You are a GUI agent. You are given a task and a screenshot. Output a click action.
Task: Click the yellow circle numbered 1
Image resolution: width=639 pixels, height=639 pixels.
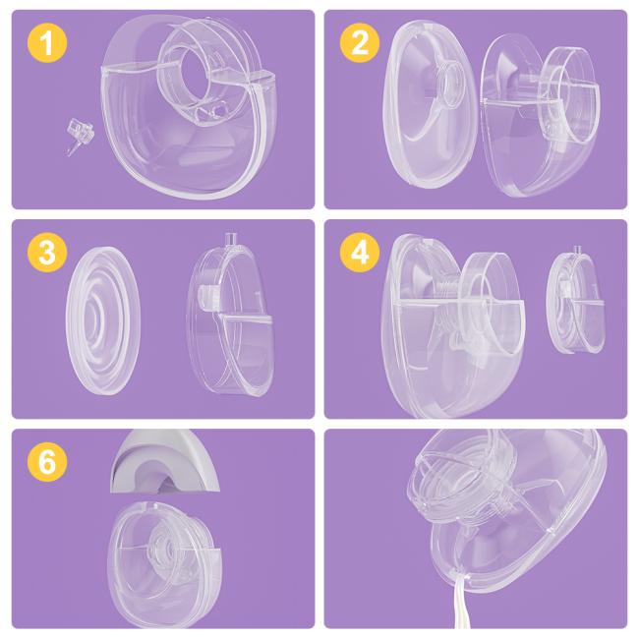47,43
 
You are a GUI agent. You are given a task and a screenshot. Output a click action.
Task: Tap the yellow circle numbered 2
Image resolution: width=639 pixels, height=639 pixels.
360,43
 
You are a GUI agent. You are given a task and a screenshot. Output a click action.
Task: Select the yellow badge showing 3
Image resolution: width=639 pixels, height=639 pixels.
47,253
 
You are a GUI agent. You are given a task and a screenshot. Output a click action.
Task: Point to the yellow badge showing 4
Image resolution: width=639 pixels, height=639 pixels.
360,253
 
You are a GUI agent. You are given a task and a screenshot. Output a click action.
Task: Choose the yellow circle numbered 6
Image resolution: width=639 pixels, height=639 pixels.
47,462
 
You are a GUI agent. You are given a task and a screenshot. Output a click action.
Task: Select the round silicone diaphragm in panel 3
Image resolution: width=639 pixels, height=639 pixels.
103,320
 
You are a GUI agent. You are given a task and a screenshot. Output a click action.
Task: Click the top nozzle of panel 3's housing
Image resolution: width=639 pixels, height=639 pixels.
231,239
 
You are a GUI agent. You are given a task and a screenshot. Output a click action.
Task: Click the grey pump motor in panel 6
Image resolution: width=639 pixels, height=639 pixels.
165,460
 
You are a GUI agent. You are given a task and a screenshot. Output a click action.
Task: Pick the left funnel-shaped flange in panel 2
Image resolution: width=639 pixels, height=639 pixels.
430,105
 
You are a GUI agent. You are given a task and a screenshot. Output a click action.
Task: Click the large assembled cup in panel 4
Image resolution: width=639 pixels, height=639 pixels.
452,326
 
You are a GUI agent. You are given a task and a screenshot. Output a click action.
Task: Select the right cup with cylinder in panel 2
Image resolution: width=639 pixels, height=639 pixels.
541,115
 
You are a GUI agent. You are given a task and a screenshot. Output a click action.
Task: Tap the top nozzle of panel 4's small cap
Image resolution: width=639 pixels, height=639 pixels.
577,251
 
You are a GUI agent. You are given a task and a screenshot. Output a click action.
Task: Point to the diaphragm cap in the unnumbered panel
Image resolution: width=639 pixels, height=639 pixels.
453,484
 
